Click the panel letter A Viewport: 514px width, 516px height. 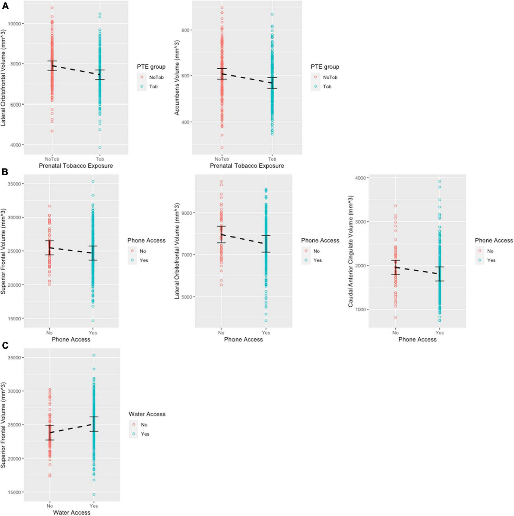(5, 6)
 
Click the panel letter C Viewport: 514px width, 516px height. (5, 346)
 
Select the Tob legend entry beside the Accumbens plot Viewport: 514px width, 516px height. (323, 86)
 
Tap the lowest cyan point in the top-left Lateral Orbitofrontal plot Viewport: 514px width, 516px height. (100, 148)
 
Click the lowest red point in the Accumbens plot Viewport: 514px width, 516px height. (222, 148)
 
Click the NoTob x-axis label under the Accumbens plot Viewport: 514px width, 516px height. (222, 159)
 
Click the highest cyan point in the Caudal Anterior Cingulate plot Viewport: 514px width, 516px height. (439, 181)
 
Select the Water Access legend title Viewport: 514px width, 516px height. (147, 414)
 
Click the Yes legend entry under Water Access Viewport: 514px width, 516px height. (141, 434)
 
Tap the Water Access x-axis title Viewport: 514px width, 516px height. (71, 513)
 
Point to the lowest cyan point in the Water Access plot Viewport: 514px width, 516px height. (94, 494)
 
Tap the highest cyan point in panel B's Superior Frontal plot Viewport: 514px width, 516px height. (93, 181)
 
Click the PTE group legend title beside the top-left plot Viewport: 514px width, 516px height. (151, 67)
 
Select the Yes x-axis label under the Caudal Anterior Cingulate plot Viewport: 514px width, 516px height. (439, 333)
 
